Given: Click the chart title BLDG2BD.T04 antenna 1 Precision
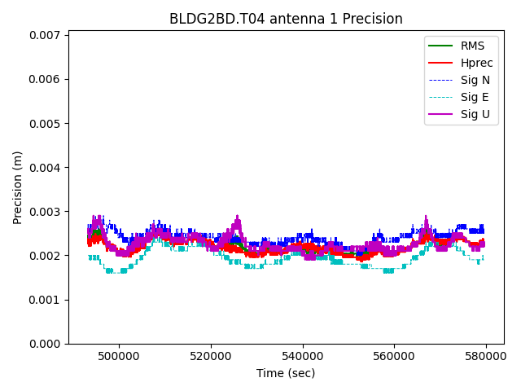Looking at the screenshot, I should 286,19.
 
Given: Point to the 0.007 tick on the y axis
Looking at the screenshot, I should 46,35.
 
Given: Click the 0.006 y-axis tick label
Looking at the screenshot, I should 46,79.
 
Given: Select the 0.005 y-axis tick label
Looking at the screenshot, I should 46,124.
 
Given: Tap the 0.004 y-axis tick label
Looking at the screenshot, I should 46,168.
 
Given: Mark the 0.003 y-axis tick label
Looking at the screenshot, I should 46,212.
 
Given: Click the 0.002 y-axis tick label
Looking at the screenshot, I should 46,256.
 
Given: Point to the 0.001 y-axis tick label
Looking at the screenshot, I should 46,300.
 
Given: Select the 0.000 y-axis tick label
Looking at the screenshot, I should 46,344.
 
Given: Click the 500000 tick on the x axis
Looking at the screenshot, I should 119,356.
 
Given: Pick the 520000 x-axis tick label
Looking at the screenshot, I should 211,356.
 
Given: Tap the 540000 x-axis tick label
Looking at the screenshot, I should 303,356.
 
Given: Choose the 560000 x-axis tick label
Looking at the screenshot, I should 395,356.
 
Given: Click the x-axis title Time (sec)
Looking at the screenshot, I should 286,373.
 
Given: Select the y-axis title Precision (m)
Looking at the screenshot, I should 18,187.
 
